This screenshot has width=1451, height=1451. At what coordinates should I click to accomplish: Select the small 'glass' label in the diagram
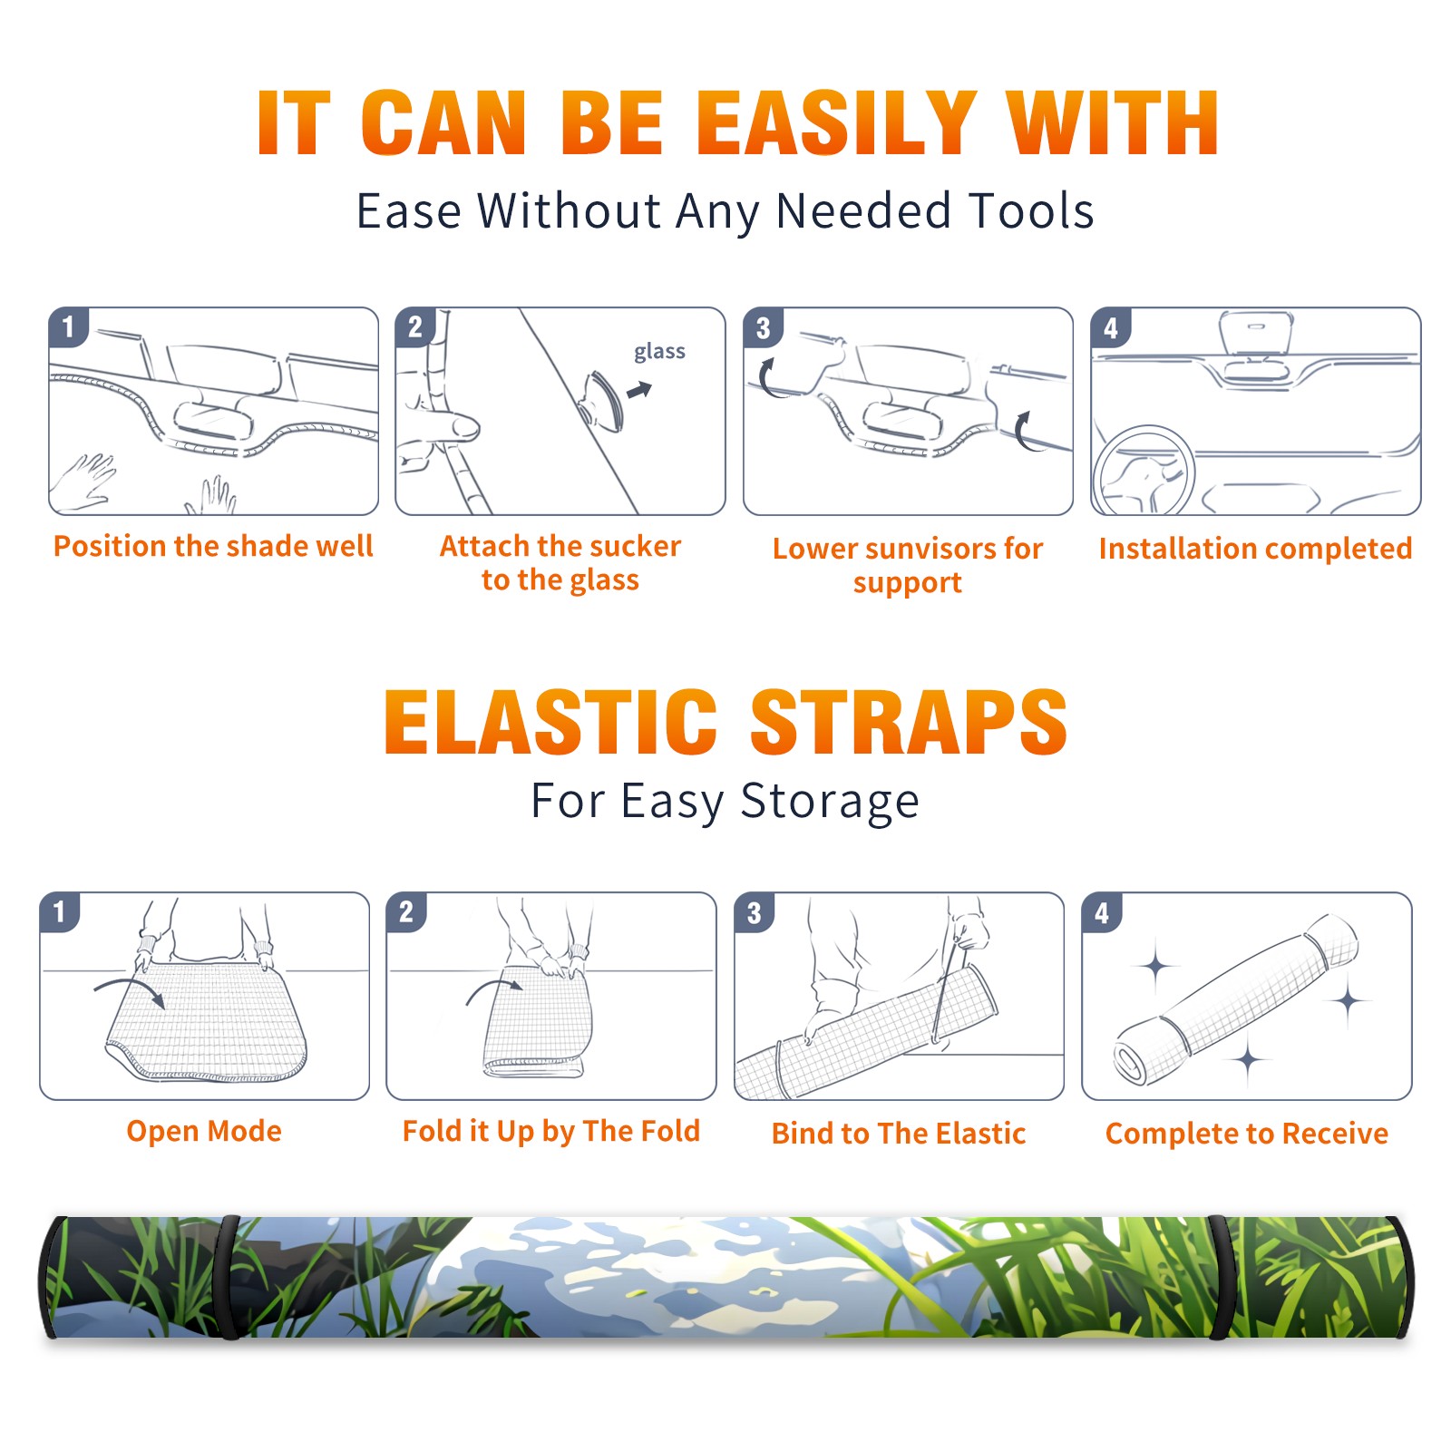[x=659, y=351]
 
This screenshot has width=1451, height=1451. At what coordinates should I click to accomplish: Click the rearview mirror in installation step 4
[x=1255, y=334]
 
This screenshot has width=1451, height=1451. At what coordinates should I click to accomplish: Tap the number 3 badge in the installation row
[x=764, y=327]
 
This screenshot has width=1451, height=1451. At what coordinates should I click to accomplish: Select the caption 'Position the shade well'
[x=213, y=546]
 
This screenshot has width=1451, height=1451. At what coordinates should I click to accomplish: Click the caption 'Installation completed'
[x=1255, y=548]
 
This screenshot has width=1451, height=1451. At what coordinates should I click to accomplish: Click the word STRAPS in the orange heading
[x=909, y=722]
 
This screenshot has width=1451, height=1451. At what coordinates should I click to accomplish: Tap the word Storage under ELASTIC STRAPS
[x=830, y=802]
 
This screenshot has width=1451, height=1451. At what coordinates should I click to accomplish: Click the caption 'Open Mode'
[x=204, y=1131]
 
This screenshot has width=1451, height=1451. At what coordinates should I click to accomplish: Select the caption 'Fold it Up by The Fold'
[x=551, y=1131]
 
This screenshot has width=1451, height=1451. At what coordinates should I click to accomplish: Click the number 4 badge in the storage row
[x=1102, y=912]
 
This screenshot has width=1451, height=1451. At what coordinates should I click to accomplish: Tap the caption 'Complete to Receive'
[x=1247, y=1134]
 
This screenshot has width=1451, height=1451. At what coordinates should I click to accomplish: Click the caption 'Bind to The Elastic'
[x=899, y=1134]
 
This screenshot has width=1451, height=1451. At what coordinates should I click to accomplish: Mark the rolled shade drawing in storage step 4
[x=1236, y=999]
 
